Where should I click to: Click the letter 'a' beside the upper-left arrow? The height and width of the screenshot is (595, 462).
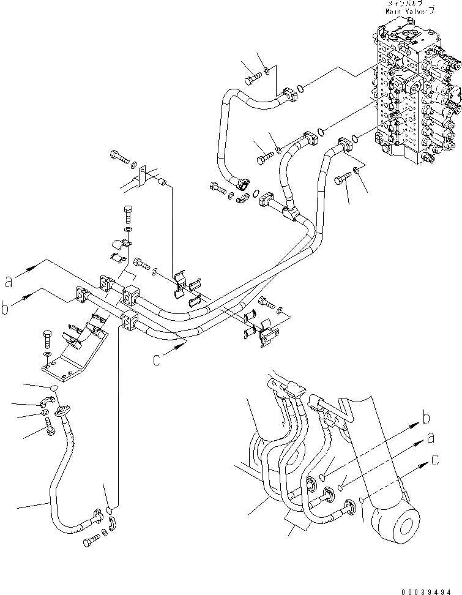[8, 281]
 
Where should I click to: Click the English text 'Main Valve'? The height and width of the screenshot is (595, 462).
[406, 10]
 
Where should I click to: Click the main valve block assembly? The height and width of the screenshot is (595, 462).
[416, 104]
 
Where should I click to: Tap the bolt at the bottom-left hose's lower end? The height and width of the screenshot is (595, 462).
[90, 541]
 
